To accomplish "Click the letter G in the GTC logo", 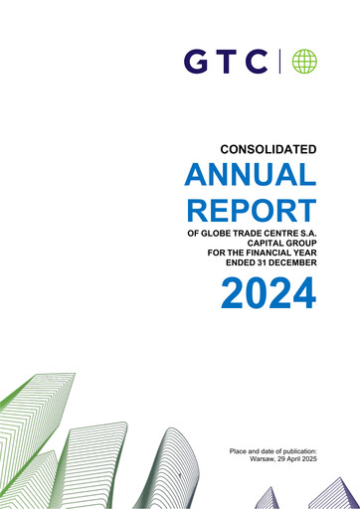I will pyautogui.click(x=195, y=63).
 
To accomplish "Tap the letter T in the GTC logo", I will pyautogui.click(x=226, y=63).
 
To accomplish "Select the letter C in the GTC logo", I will pyautogui.click(x=257, y=63).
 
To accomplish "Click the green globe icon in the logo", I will pyautogui.click(x=303, y=62).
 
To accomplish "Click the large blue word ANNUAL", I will pyautogui.click(x=251, y=178).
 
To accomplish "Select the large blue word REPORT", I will pyautogui.click(x=251, y=210).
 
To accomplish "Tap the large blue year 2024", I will pyautogui.click(x=268, y=292).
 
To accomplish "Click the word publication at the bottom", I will pyautogui.click(x=295, y=451).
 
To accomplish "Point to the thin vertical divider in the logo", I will pyautogui.click(x=281, y=62).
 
